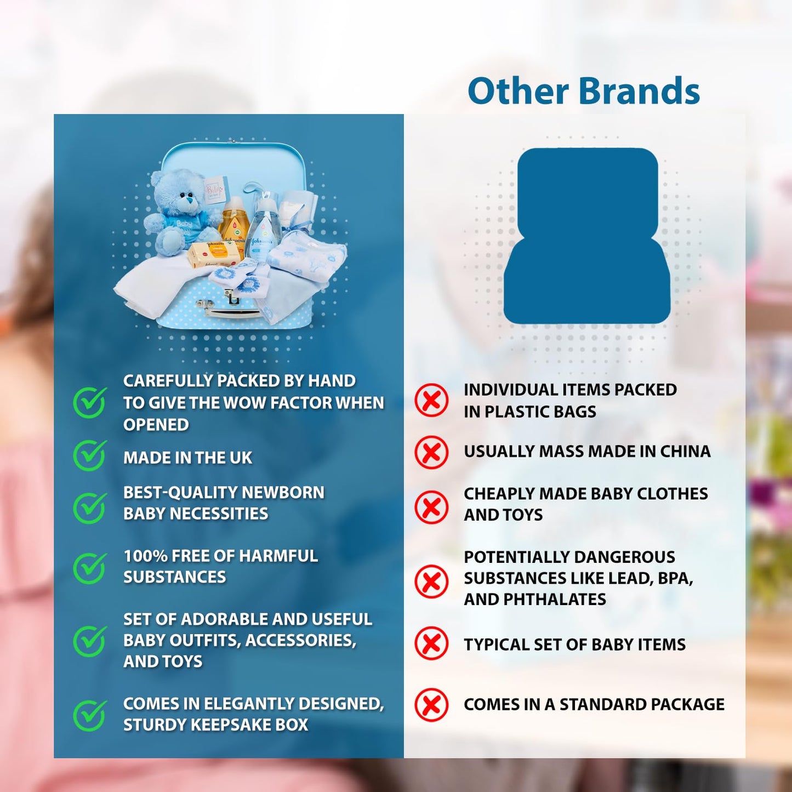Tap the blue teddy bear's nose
tap(189, 201)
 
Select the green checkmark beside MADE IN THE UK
tap(90, 455)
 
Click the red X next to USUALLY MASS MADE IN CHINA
tap(431, 453)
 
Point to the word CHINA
tap(685, 451)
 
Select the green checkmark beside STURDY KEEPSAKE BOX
tap(90, 716)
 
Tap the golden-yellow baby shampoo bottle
tap(234, 223)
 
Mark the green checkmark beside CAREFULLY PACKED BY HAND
tap(90, 402)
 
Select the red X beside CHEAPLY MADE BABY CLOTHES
tap(431, 507)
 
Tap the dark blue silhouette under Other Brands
tap(587, 236)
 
